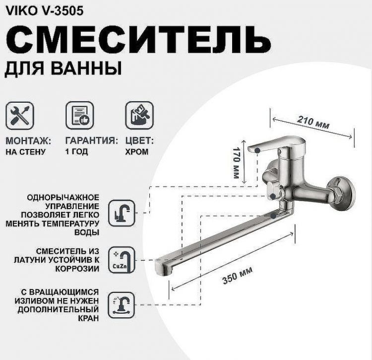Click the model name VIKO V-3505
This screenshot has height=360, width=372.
(44, 9)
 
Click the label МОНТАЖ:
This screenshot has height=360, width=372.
(28, 141)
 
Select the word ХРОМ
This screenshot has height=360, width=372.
(136, 152)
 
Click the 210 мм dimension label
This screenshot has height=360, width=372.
(313, 122)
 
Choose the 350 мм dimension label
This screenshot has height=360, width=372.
(237, 276)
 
